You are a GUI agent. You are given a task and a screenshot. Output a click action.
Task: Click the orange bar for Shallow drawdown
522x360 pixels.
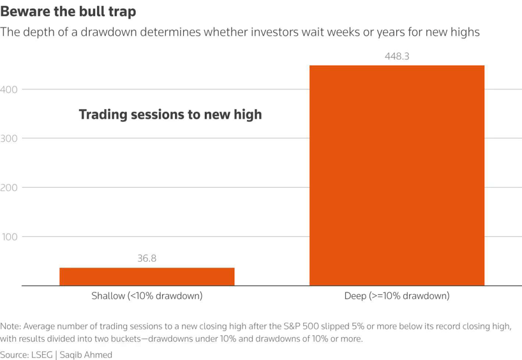tap(147, 276)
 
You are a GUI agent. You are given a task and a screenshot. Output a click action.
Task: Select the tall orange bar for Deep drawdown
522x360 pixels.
tap(397, 176)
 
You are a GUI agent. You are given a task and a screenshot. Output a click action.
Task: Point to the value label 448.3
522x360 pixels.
tap(397, 56)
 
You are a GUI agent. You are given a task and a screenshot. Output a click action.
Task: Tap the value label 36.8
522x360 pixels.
tap(147, 259)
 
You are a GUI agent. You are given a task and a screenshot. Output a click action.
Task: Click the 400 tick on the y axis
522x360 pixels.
tap(9, 89)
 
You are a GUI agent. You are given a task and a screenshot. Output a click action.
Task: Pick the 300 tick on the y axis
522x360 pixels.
tap(9, 139)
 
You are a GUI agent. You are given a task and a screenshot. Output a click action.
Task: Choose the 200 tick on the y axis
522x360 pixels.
tap(9, 188)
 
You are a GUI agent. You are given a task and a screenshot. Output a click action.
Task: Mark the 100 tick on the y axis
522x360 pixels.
tap(10, 237)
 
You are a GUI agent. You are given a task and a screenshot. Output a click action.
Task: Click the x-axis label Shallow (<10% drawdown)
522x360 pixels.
tap(147, 296)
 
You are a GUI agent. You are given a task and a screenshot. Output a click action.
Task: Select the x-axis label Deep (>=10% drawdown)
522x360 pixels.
tap(397, 296)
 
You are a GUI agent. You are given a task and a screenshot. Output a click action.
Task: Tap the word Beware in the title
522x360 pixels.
tap(26, 11)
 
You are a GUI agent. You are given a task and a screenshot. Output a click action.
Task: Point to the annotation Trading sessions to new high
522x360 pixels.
tap(170, 114)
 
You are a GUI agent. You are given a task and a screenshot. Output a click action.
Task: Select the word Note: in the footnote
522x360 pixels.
tap(10, 326)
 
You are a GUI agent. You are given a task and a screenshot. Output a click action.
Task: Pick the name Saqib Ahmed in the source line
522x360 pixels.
tap(86, 355)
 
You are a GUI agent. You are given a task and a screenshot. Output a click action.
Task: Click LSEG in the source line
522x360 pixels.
tap(42, 355)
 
